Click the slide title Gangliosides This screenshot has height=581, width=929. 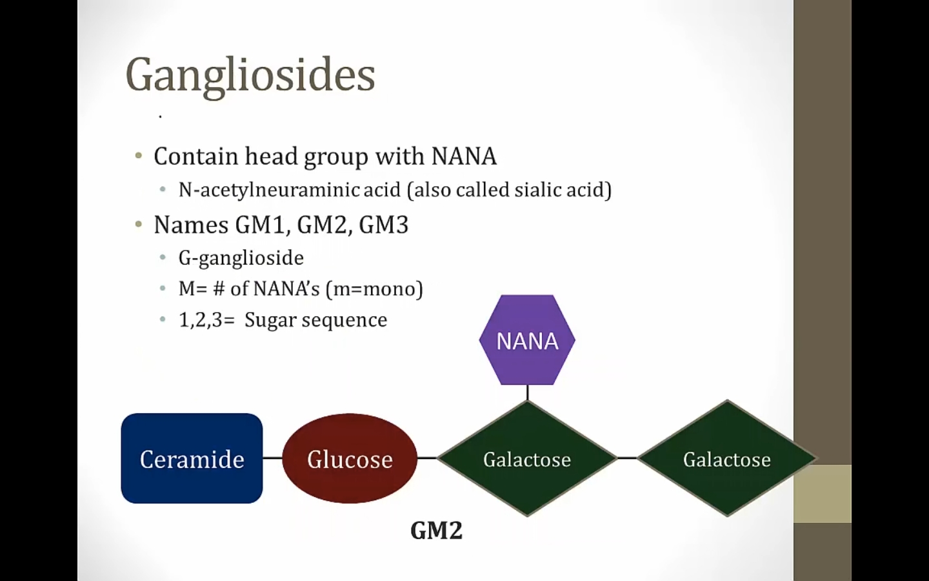(x=250, y=76)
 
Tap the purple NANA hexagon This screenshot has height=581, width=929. (x=527, y=340)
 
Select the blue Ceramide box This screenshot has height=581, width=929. (x=192, y=458)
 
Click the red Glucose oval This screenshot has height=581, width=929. (x=350, y=458)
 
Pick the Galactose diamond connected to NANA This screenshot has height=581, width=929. (x=527, y=458)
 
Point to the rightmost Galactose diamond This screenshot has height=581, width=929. (x=727, y=458)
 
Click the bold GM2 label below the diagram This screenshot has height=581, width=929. (x=436, y=531)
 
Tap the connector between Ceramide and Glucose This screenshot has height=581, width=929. (x=272, y=458)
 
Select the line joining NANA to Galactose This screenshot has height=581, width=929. (x=527, y=392)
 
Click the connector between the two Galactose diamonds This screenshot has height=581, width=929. (x=627, y=458)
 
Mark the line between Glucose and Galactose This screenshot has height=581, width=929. (x=427, y=458)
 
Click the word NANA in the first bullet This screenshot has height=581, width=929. (x=464, y=156)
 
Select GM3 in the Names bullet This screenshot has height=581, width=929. (x=384, y=225)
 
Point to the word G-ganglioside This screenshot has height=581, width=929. (x=241, y=258)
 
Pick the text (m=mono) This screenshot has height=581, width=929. (x=374, y=289)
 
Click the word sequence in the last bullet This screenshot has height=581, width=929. (x=345, y=320)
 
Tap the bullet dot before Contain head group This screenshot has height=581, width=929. (x=139, y=156)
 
